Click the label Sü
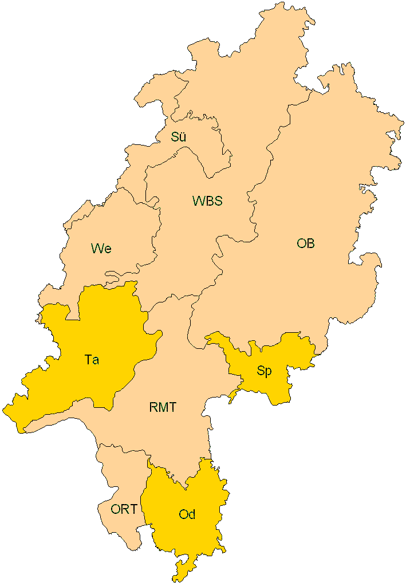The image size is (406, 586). (178, 137)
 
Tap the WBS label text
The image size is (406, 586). (207, 201)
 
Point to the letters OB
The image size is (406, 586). (305, 243)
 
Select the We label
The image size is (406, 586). (101, 249)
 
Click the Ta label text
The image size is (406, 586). (92, 360)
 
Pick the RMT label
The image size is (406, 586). (163, 408)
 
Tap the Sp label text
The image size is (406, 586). (264, 371)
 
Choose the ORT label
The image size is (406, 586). (124, 509)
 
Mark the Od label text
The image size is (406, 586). (187, 514)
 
